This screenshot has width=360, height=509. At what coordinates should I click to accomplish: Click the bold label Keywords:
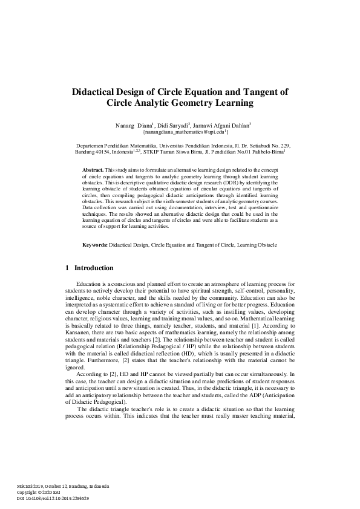point(94,245)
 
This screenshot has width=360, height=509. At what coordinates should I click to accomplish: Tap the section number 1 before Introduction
point(66,267)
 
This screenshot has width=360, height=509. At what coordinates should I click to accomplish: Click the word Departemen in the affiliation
point(90,146)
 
